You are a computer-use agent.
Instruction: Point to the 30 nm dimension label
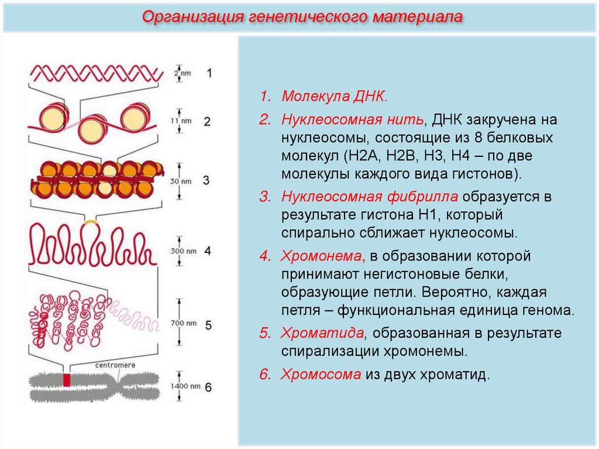click(183, 181)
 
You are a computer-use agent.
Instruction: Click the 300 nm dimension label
click(183, 251)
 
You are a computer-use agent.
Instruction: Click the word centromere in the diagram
click(115, 365)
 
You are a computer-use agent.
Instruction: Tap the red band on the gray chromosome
click(67, 380)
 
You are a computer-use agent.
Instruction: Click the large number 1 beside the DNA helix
click(209, 73)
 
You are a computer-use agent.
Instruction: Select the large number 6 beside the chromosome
click(208, 387)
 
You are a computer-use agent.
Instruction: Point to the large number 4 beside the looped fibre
click(208, 251)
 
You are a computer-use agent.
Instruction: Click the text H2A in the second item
click(363, 157)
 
